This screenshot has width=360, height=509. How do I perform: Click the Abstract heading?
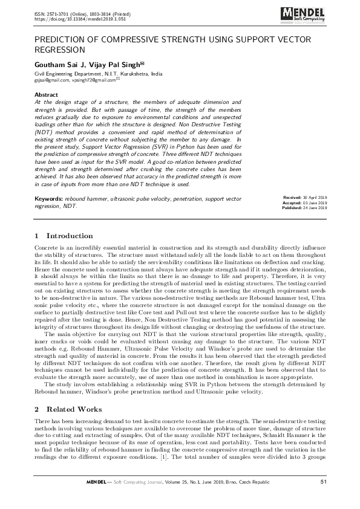tap(47, 96)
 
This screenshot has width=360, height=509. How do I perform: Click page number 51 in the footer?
tap(324, 481)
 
